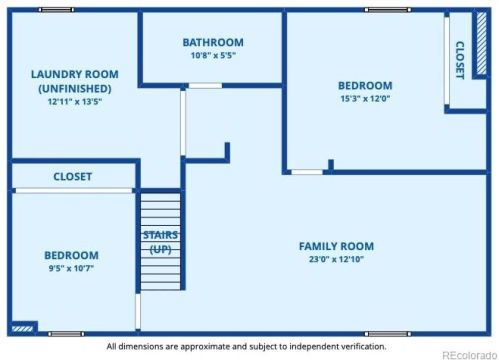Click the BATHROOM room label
pyautogui.click(x=212, y=42)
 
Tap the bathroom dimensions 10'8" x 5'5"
pyautogui.click(x=212, y=57)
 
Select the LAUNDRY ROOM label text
pyautogui.click(x=75, y=74)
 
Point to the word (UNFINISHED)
pyautogui.click(x=75, y=88)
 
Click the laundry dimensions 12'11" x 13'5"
pyautogui.click(x=75, y=101)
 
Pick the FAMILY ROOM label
pyautogui.click(x=336, y=246)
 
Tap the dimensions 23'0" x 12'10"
pyautogui.click(x=336, y=260)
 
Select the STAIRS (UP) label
pyautogui.click(x=160, y=242)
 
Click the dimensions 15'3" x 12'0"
pyautogui.click(x=364, y=99)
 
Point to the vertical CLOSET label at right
pyautogui.click(x=460, y=60)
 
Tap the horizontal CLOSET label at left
pyautogui.click(x=72, y=176)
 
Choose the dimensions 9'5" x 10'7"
pyautogui.click(x=71, y=269)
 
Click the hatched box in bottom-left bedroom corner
pyautogui.click(x=23, y=326)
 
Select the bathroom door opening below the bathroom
pyautogui.click(x=205, y=86)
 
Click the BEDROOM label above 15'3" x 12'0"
pyautogui.click(x=364, y=85)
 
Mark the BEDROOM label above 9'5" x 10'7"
pyautogui.click(x=71, y=255)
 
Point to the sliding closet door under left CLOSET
pyautogui.click(x=72, y=190)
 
